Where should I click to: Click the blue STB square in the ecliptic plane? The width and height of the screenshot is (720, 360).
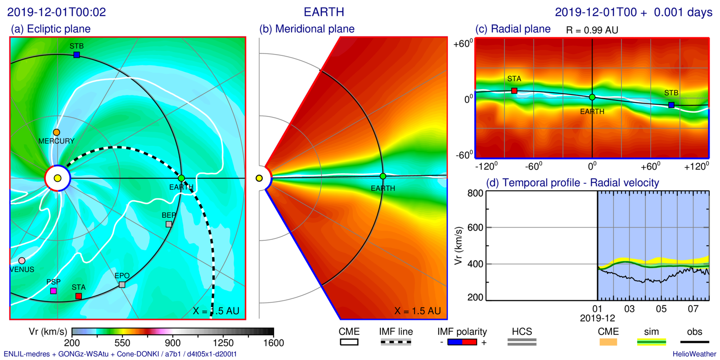tap(76, 55)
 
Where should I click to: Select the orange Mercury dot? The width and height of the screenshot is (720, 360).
tap(56, 132)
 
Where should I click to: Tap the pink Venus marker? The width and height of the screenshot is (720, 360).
tap(22, 261)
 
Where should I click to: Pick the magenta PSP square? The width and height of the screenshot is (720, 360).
tap(53, 291)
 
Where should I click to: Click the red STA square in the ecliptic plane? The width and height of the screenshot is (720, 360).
tap(79, 296)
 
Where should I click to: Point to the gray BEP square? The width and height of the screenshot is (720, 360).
tap(169, 224)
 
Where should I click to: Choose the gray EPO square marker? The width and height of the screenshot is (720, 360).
tap(122, 285)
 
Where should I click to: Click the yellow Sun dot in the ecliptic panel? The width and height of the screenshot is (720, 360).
tap(58, 178)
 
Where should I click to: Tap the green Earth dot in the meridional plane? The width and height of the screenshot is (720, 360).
tap(383, 176)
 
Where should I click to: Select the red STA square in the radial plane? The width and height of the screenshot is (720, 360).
tap(514, 91)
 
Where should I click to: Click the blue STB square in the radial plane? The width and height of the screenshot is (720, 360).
tap(671, 105)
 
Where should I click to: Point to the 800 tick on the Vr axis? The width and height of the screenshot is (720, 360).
tap(475, 193)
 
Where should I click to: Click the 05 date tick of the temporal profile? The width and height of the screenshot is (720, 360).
tap(661, 309)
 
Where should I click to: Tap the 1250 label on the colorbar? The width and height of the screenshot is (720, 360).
tap(223, 343)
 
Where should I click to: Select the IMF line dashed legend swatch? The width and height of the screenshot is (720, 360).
tap(396, 342)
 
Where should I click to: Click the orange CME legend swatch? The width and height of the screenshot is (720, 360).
tap(608, 342)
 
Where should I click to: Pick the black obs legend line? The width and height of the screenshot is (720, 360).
tap(694, 342)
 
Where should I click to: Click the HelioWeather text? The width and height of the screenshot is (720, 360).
tap(694, 354)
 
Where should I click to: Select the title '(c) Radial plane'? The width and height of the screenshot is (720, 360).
tap(513, 29)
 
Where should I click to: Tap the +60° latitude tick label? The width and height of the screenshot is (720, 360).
tap(463, 44)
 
